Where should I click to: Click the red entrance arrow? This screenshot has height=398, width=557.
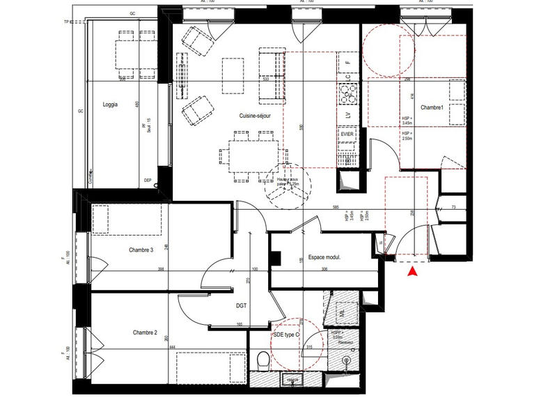pos(412,273)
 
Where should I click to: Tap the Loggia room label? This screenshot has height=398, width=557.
pos(109,105)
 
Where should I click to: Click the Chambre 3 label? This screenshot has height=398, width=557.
pos(141,250)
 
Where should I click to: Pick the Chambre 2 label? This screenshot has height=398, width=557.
pos(145,332)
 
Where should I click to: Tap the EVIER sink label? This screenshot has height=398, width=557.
pos(347,132)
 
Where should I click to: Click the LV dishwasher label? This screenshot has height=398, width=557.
pos(347,114)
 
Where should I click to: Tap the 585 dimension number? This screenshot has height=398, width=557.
pos(335,207)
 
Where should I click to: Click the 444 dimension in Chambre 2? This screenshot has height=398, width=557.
pos(171,346)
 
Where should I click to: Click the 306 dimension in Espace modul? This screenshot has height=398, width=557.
pos(324,269)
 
